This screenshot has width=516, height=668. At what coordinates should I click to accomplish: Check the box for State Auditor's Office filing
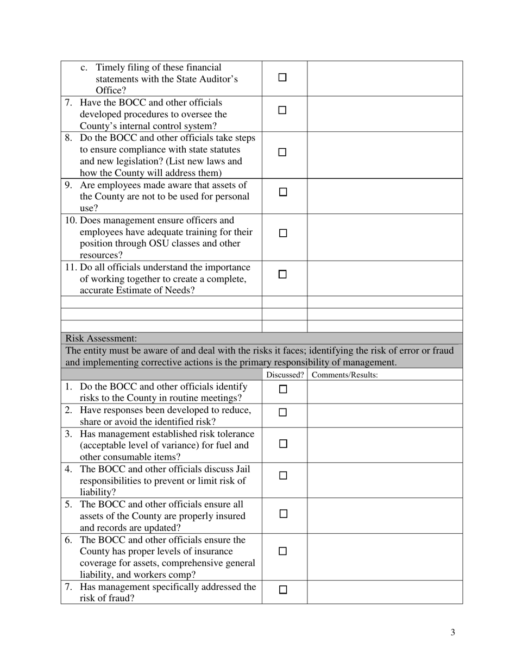[282, 78]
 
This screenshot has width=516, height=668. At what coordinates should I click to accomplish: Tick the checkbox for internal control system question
[282, 110]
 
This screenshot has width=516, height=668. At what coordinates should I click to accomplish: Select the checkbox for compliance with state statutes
[282, 153]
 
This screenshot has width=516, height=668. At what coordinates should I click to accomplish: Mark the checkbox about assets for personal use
[282, 192]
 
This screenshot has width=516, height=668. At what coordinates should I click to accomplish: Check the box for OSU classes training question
[282, 233]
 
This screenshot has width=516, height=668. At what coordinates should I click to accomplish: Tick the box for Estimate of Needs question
[282, 275]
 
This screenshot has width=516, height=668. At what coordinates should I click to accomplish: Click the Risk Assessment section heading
[101, 338]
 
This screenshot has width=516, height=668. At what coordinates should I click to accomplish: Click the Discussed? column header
[285, 375]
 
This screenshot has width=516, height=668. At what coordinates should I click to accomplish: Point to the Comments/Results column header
[345, 375]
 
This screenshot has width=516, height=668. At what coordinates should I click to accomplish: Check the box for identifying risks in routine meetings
[282, 389]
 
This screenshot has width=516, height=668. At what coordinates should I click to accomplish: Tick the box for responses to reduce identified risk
[282, 413]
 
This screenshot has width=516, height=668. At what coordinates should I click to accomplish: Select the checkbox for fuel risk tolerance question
[282, 444]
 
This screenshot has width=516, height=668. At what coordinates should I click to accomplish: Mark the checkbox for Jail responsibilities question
[282, 475]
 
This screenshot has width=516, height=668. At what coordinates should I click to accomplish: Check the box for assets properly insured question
[282, 513]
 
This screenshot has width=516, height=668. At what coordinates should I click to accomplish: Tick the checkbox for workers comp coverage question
[282, 551]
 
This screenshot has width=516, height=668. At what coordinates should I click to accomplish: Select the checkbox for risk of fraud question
[282, 590]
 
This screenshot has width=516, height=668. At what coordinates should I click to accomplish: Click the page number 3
[452, 632]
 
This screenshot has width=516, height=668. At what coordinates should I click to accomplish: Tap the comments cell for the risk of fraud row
[385, 592]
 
